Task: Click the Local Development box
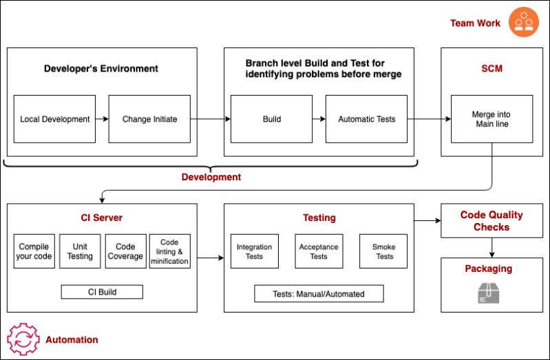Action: coord(54,119)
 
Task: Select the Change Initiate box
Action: coord(149,119)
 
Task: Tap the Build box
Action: coord(272,119)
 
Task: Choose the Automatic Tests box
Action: coord(366,119)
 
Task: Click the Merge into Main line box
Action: coord(491,119)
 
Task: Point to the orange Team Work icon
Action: coord(524,23)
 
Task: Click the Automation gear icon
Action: coord(23,339)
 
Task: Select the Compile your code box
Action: coord(34,251)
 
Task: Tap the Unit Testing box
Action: coord(79,251)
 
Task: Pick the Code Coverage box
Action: coord(125,251)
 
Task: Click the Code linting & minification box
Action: coord(169,251)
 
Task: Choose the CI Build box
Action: coord(102,292)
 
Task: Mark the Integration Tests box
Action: coord(254,251)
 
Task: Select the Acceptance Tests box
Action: coord(319,251)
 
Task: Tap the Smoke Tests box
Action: coord(384,251)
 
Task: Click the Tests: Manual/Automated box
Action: coord(319,294)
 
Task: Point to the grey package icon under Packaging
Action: coord(491,293)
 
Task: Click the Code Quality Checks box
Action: coord(491,220)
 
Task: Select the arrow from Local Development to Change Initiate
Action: coord(102,119)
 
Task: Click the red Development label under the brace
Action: coord(211,177)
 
